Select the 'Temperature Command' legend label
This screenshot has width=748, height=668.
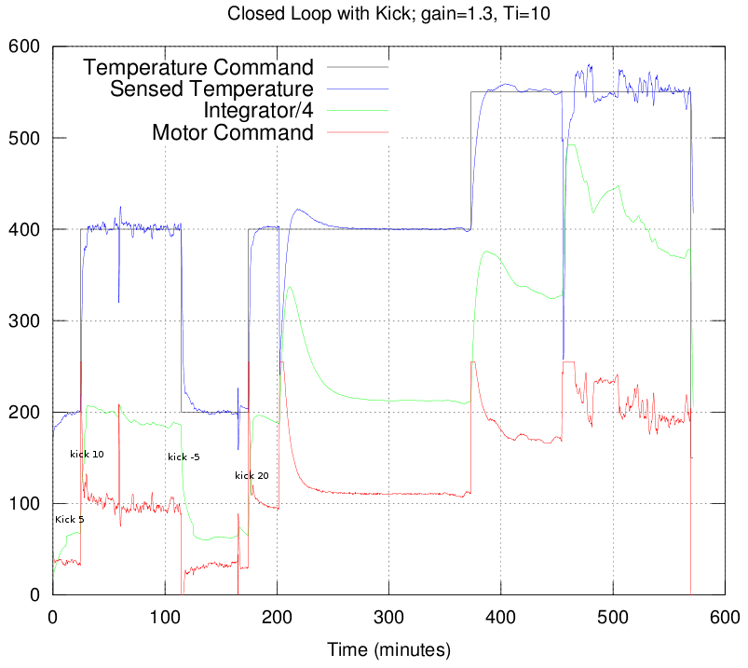(x=199, y=68)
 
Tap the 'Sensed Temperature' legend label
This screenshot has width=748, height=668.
(x=211, y=89)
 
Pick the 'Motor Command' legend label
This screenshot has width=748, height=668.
(x=232, y=132)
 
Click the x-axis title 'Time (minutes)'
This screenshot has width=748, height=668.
(x=388, y=648)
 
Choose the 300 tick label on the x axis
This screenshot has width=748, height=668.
(x=389, y=616)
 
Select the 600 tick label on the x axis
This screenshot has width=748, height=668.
(x=725, y=616)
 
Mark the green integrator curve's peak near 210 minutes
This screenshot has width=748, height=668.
(x=290, y=287)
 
